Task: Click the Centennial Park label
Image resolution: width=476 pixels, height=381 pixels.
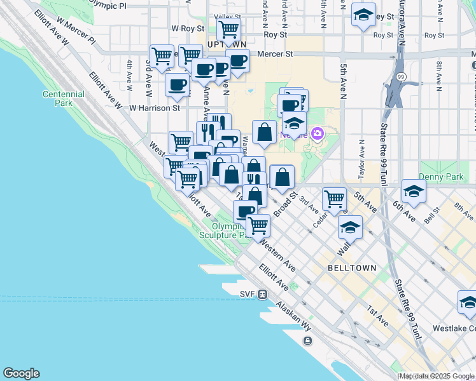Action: coord(63,98)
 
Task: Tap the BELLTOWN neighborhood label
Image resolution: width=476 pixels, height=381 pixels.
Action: coord(353,268)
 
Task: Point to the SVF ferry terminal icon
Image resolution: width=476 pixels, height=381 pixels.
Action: coord(263,294)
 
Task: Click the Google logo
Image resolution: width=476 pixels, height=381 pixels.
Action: coord(21,373)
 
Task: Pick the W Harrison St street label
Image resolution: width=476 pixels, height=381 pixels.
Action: coord(155,108)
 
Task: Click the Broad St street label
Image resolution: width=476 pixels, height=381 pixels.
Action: coord(286,203)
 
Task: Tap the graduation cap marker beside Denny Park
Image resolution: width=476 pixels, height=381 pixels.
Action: coord(414,191)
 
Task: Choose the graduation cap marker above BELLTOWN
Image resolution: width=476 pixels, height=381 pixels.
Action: coord(350,227)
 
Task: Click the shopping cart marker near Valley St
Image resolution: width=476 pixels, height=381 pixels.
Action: coord(228,29)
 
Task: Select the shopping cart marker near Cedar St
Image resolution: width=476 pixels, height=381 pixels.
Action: coord(334,199)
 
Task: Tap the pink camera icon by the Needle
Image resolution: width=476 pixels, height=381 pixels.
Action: coord(318,134)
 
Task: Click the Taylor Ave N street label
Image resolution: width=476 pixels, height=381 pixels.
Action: coord(361,156)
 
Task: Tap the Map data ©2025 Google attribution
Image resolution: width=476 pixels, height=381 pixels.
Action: coord(437,376)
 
